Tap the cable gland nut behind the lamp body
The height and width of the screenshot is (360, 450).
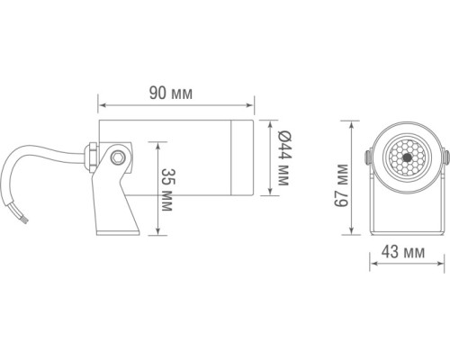click(93, 157)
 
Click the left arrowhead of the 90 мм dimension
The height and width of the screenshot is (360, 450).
click(100, 105)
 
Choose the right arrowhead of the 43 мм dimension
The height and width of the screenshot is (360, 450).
click(441, 263)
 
